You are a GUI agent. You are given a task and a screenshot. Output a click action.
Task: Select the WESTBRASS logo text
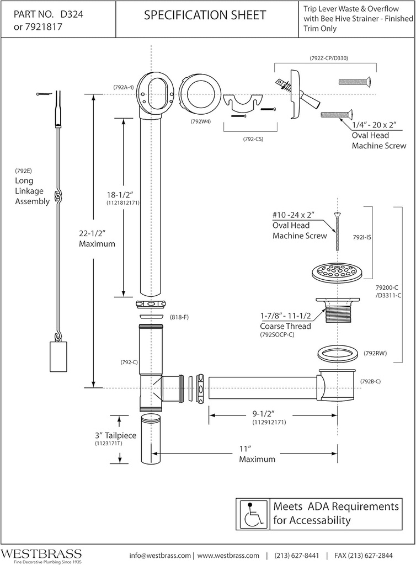41,553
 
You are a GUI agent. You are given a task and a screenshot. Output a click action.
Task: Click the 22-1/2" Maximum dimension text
97,238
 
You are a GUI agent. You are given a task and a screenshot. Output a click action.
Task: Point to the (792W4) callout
201,121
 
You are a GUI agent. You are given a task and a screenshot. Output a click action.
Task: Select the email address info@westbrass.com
160,555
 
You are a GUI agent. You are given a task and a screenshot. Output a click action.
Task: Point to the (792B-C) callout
370,381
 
